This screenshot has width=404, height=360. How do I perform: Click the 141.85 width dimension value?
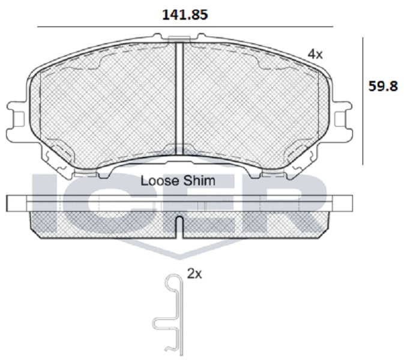tap(185, 14)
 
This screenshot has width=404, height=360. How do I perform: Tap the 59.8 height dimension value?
tap(383, 86)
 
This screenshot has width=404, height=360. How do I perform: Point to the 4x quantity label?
tap(315, 55)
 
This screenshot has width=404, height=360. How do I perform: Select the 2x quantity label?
tap(194, 275)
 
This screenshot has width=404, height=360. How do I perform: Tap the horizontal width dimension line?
tap(185, 27)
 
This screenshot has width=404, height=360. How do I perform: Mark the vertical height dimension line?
tap(363, 101)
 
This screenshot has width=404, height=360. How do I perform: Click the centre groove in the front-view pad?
tap(179, 99)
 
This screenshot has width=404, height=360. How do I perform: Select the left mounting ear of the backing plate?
tap(16, 118)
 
